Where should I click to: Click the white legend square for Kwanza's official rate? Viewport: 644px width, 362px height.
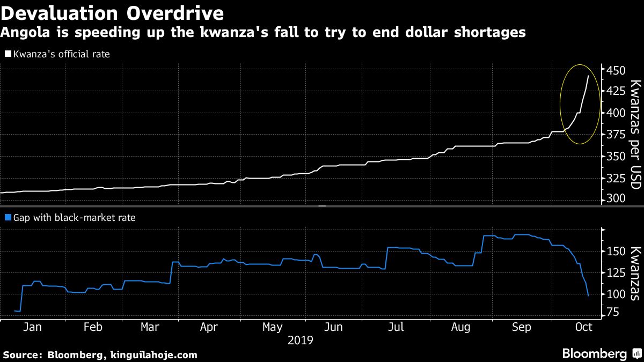(8, 54)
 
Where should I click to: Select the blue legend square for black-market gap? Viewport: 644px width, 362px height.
(8, 218)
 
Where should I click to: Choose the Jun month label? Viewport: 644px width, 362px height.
(333, 327)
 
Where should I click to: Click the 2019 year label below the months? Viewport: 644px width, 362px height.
(301, 340)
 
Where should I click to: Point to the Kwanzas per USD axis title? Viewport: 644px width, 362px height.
(635, 134)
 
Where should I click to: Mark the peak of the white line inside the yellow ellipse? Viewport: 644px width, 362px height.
(588, 76)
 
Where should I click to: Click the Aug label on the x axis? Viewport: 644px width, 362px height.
(461, 327)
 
